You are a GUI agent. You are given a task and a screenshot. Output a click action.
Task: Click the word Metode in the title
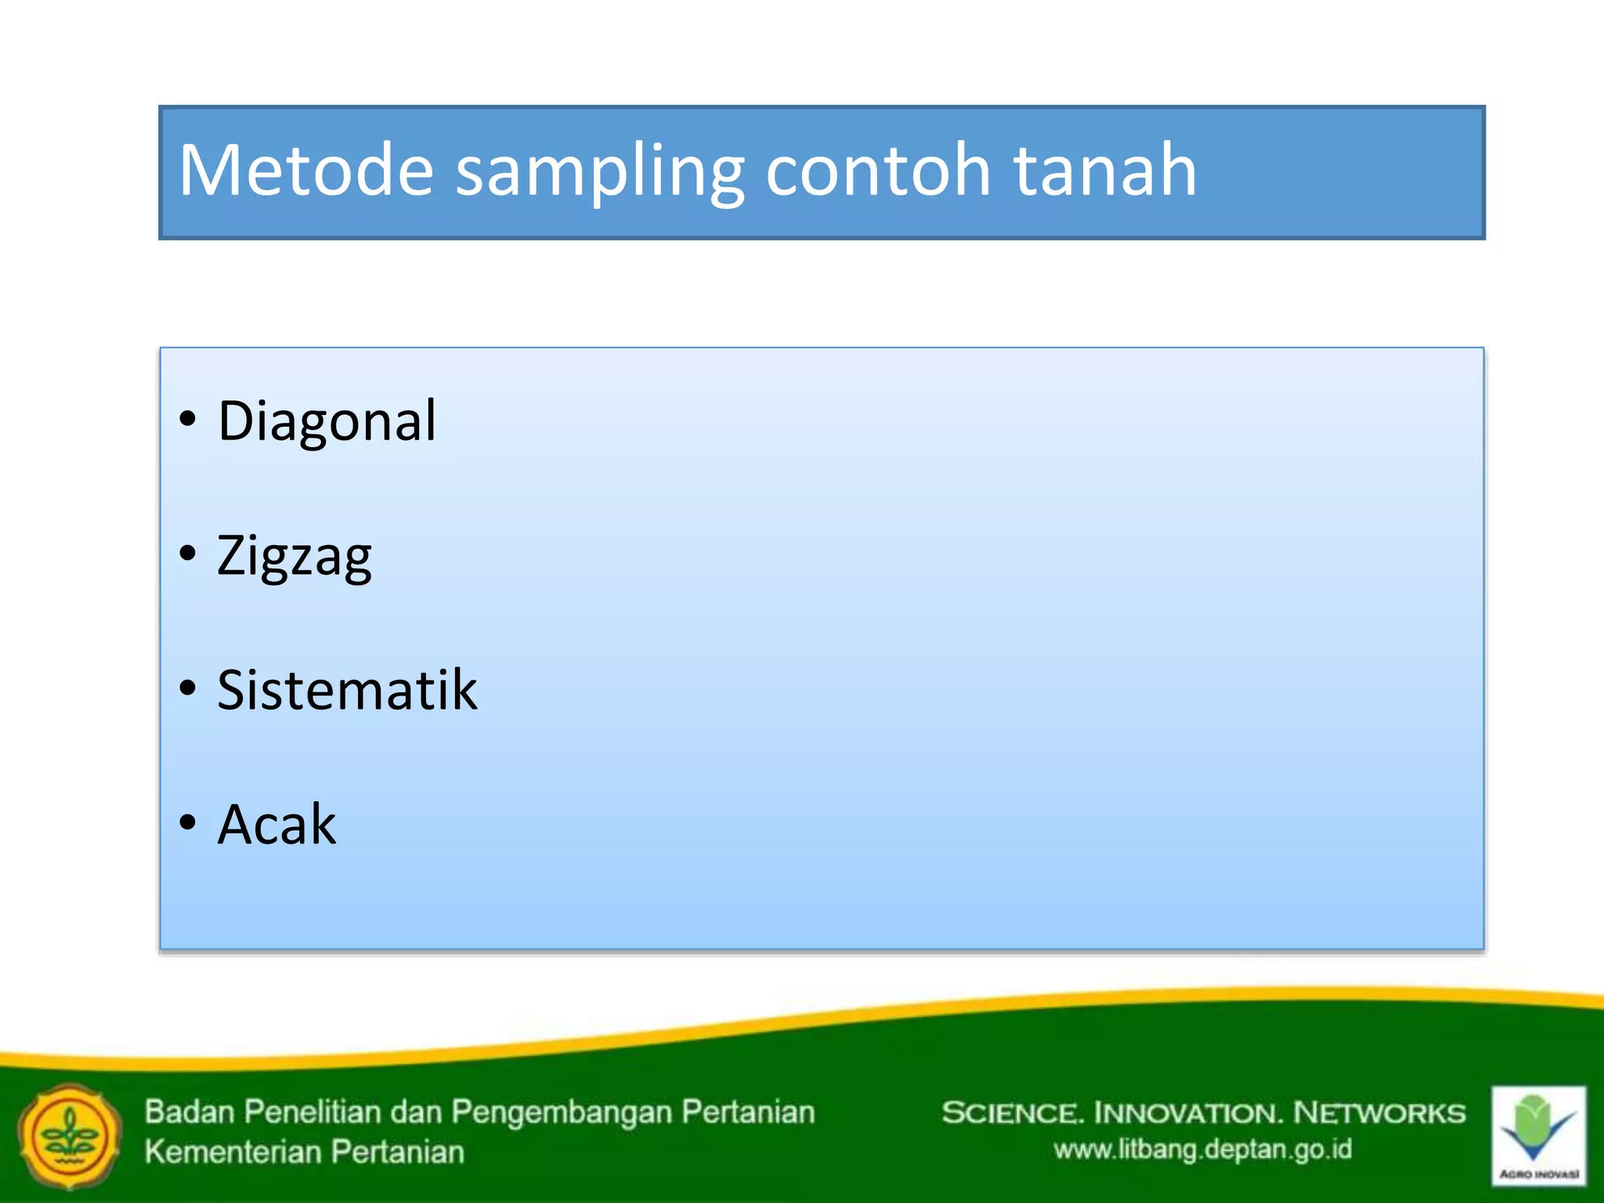coord(305,170)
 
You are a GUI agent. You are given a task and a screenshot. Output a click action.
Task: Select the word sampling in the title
coord(599,172)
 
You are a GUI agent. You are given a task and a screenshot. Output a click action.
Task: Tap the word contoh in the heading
coord(878,170)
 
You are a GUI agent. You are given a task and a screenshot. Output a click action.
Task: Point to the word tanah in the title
coord(1105,170)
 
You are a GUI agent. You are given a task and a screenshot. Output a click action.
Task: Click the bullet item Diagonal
coord(327,421)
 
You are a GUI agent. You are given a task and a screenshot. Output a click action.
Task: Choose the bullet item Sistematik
coord(347,691)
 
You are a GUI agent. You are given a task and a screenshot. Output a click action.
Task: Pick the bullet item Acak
coord(276,825)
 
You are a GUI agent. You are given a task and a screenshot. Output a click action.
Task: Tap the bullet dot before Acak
coord(187,823)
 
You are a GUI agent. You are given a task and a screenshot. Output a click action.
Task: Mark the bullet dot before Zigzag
coord(187,554)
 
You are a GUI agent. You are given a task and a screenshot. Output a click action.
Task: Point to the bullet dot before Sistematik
coord(187,688)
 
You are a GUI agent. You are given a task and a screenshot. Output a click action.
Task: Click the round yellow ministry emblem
coord(70,1136)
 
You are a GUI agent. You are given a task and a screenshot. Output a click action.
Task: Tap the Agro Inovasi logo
coord(1538,1135)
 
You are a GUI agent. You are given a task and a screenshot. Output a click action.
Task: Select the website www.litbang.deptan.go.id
coord(1202,1150)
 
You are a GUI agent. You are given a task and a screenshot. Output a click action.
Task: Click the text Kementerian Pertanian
coord(305,1152)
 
